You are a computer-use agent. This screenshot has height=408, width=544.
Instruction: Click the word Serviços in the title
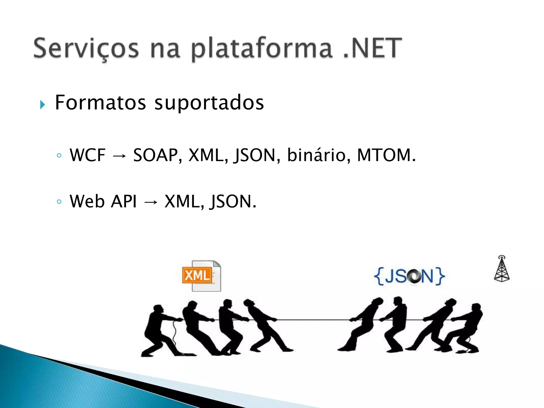click(86, 48)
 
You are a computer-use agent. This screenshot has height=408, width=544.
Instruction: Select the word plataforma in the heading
click(262, 49)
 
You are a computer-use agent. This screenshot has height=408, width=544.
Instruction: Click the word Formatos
click(100, 103)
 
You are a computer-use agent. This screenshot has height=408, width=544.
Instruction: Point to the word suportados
click(209, 103)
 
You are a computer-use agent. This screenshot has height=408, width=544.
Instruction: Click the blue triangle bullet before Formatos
click(42, 105)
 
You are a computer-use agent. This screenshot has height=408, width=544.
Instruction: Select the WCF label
click(87, 155)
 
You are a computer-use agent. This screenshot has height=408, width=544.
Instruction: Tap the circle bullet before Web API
click(59, 202)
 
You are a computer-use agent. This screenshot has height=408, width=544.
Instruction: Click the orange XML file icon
click(201, 276)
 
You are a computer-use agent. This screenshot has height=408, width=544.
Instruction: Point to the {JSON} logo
click(409, 276)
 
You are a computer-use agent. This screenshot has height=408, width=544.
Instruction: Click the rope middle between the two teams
click(313, 320)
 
